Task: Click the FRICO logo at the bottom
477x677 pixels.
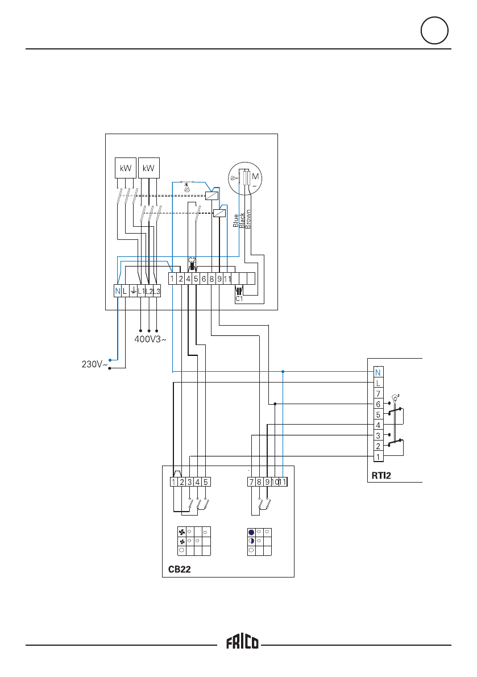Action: tap(243, 643)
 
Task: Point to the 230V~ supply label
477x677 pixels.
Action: tap(92, 365)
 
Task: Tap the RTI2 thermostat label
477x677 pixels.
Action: tap(379, 476)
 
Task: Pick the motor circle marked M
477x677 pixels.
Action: tap(247, 179)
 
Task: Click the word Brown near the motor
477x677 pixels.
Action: tap(248, 219)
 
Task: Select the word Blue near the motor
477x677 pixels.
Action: tap(235, 221)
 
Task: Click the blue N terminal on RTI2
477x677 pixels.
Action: tap(378, 372)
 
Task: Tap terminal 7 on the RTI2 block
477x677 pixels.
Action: tap(378, 393)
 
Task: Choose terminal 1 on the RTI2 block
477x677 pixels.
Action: tap(378, 457)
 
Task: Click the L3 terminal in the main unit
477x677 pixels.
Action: tap(157, 292)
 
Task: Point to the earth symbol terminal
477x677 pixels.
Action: tap(132, 292)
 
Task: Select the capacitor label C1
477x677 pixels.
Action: tap(239, 300)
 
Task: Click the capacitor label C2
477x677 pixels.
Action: tap(192, 260)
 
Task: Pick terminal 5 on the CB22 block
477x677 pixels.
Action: tap(206, 482)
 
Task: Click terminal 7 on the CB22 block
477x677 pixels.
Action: tap(251, 482)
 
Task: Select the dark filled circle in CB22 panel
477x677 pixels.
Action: tap(251, 533)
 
